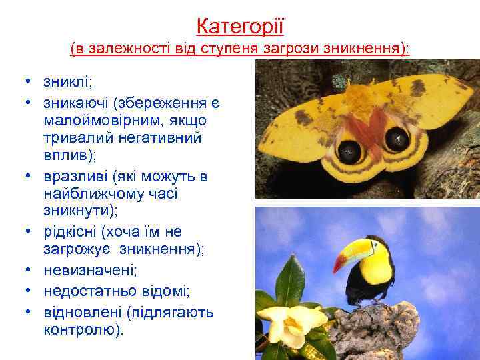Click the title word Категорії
click(x=240, y=27)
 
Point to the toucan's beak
click(x=351, y=253)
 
